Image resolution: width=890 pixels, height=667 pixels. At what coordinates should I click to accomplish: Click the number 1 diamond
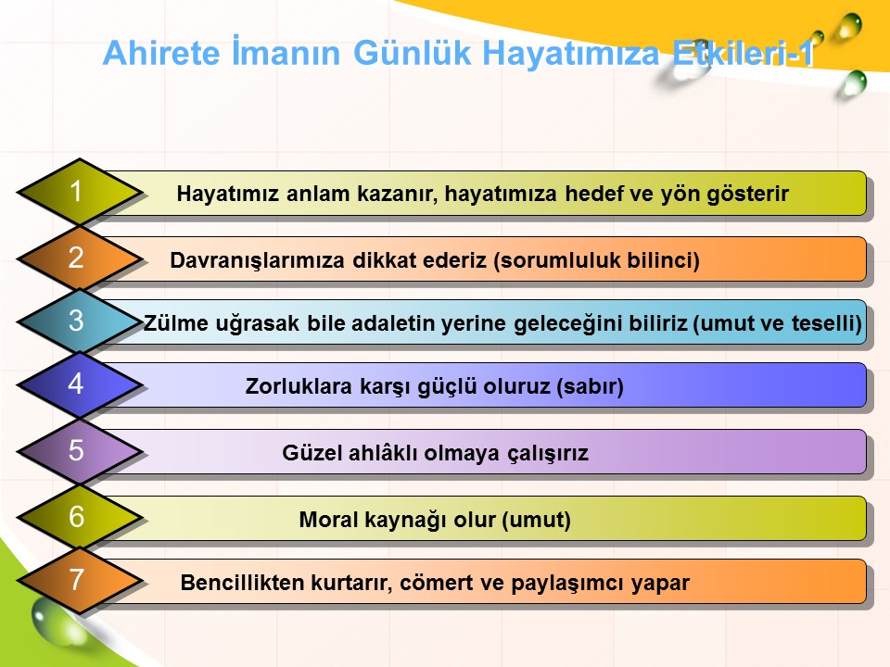click(80, 192)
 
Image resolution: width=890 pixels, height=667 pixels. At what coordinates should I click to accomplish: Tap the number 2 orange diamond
click(80, 258)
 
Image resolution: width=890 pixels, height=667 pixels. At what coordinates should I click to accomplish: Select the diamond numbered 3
click(80, 321)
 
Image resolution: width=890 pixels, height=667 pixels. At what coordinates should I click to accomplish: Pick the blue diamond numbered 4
click(80, 384)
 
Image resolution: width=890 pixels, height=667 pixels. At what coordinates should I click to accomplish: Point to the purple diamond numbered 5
click(80, 451)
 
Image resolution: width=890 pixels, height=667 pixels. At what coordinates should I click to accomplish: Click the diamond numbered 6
click(80, 517)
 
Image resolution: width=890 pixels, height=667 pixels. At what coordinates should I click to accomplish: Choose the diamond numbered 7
click(80, 580)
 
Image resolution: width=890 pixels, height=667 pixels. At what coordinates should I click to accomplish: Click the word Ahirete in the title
click(161, 53)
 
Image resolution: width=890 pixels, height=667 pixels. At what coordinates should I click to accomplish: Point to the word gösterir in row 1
click(747, 195)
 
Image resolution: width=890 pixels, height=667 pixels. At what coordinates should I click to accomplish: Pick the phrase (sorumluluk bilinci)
click(596, 260)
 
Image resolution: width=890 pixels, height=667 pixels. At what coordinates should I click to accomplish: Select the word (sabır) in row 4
click(590, 387)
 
